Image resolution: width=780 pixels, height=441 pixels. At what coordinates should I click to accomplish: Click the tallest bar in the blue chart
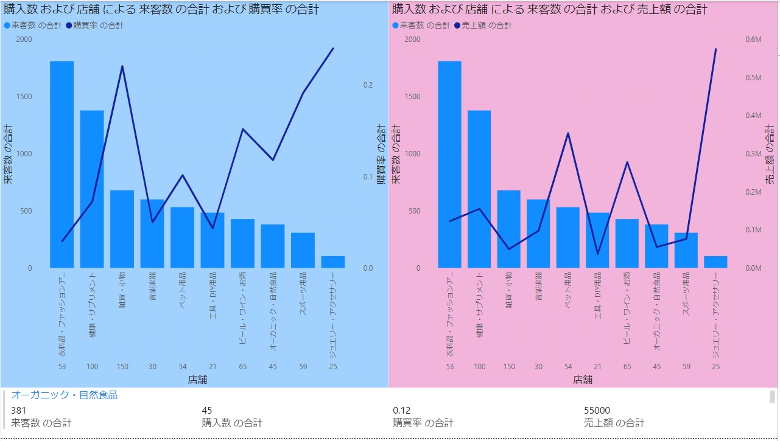(x=61, y=164)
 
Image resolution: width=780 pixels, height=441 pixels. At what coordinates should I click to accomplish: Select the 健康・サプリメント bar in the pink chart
(x=479, y=189)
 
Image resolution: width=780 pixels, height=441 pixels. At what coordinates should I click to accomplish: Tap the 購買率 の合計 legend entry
(x=97, y=26)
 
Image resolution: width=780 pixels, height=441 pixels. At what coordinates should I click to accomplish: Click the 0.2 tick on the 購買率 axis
(x=368, y=85)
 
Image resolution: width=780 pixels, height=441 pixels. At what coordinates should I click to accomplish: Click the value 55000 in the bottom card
(x=597, y=411)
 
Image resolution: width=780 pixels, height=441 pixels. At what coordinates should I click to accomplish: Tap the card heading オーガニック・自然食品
(x=64, y=395)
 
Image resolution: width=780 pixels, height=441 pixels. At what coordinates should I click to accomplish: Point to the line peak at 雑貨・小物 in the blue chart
(x=122, y=66)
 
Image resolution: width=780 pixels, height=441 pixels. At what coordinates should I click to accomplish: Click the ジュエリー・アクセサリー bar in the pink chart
(x=715, y=262)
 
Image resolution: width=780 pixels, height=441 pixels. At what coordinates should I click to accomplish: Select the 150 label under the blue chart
(x=122, y=367)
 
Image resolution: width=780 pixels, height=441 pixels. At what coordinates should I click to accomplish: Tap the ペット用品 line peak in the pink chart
(x=568, y=133)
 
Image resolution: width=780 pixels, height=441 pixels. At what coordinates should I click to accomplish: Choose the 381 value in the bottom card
(x=19, y=411)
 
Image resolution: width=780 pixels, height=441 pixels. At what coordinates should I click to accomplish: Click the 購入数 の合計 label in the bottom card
(x=232, y=423)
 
